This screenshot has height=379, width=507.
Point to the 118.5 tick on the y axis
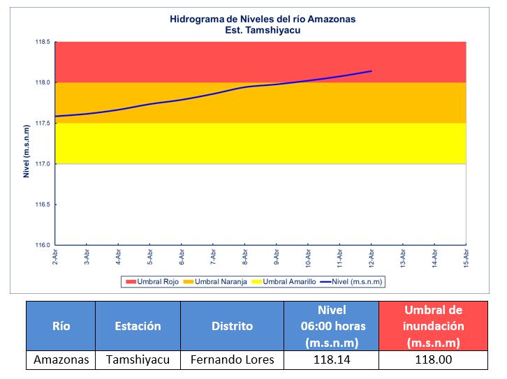coord(43,42)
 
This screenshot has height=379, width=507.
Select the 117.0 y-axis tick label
coord(43,164)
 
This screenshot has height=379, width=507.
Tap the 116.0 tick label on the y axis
coord(43,245)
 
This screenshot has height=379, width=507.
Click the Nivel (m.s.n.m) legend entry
coord(355,282)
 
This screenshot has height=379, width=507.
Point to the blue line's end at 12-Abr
coord(372,71)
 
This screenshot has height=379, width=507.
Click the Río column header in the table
coord(61,326)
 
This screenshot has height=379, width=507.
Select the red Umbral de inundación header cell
coord(433,326)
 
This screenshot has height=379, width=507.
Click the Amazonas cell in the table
coord(61,360)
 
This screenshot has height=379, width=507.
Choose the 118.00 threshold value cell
coord(433,360)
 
